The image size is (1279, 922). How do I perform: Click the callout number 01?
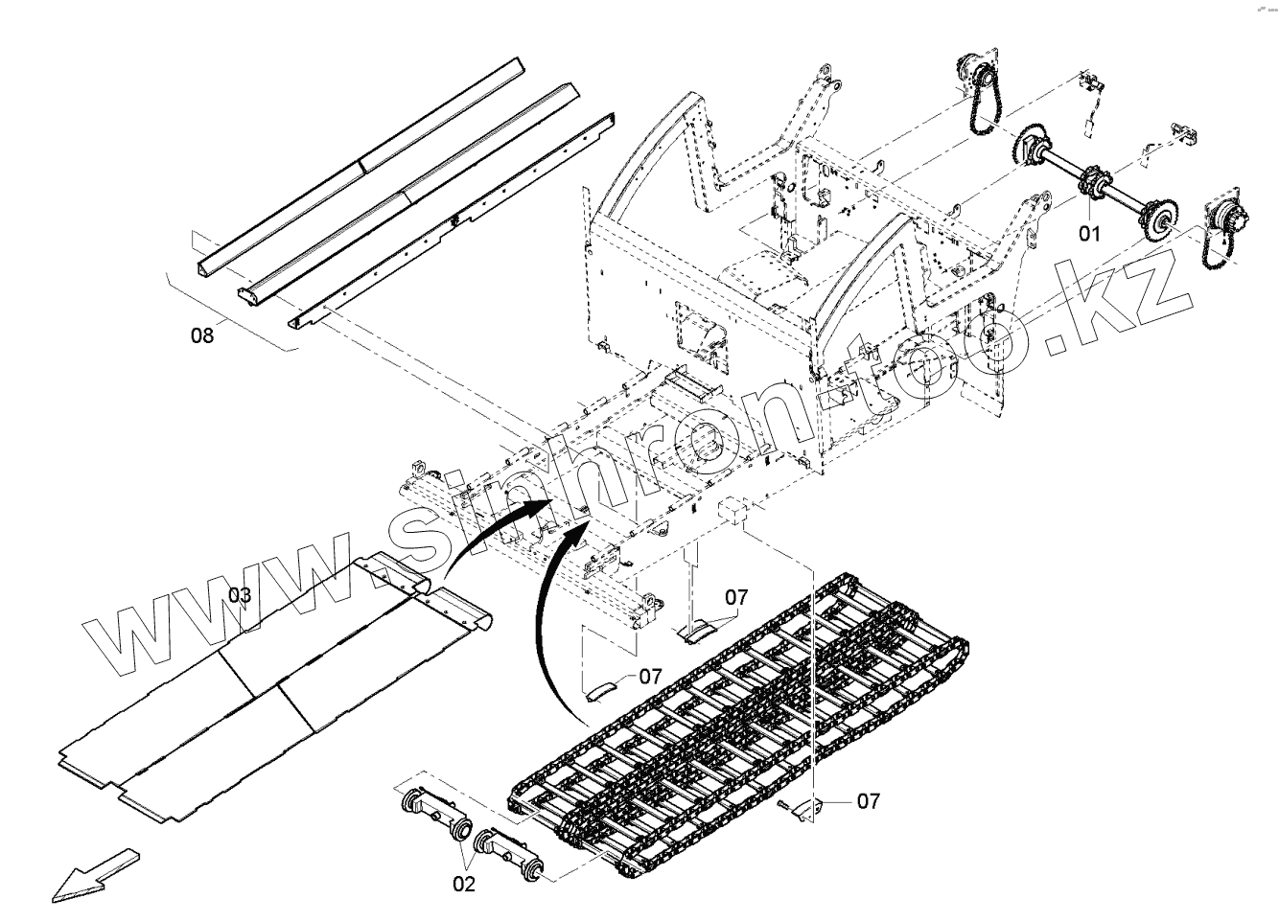1090,233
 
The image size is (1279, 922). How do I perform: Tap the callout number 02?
464,884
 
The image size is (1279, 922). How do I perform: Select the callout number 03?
240,596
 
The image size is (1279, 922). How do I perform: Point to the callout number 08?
202,334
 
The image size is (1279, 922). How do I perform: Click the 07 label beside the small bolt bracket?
868,800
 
